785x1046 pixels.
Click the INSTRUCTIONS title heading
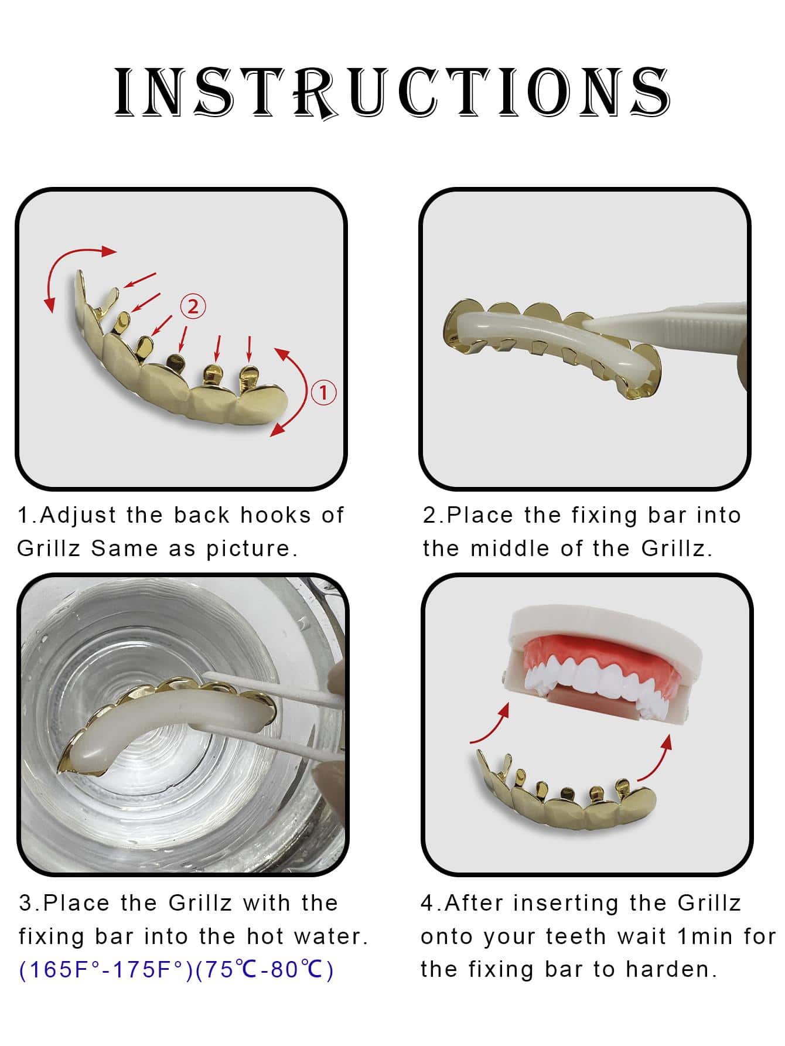(391, 93)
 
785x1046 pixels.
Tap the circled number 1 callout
(323, 392)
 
